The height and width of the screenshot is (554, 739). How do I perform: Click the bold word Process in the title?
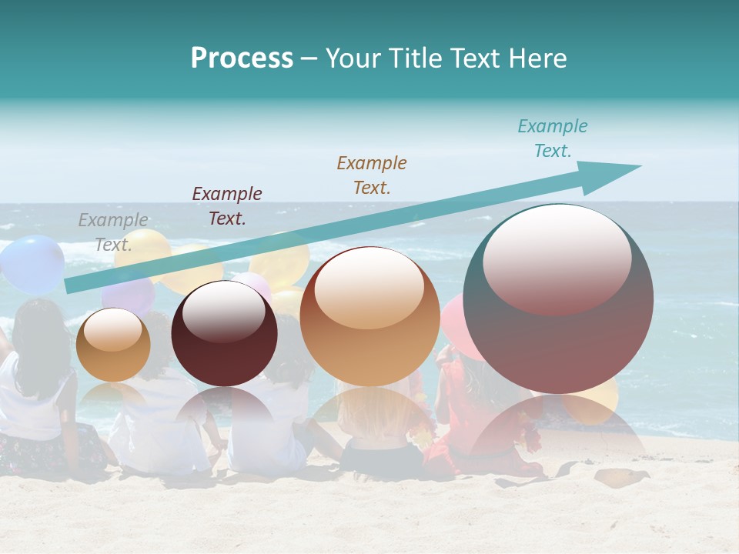pyautogui.click(x=242, y=58)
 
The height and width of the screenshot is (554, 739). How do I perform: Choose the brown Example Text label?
pyautogui.click(x=372, y=175)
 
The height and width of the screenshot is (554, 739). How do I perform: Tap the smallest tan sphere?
pyautogui.click(x=113, y=345)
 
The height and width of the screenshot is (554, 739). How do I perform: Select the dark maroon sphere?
pyautogui.click(x=224, y=333)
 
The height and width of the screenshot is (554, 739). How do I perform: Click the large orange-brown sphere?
pyautogui.click(x=369, y=316)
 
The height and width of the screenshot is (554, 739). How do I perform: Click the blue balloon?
pyautogui.click(x=32, y=264)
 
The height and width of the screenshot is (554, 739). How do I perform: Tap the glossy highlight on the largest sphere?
pyautogui.click(x=557, y=259)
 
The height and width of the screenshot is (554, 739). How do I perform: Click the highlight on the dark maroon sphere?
pyautogui.click(x=224, y=311)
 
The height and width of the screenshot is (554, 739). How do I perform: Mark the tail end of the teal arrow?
pyautogui.click(x=71, y=285)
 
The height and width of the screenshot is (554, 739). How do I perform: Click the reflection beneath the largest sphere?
pyautogui.click(x=560, y=431)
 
